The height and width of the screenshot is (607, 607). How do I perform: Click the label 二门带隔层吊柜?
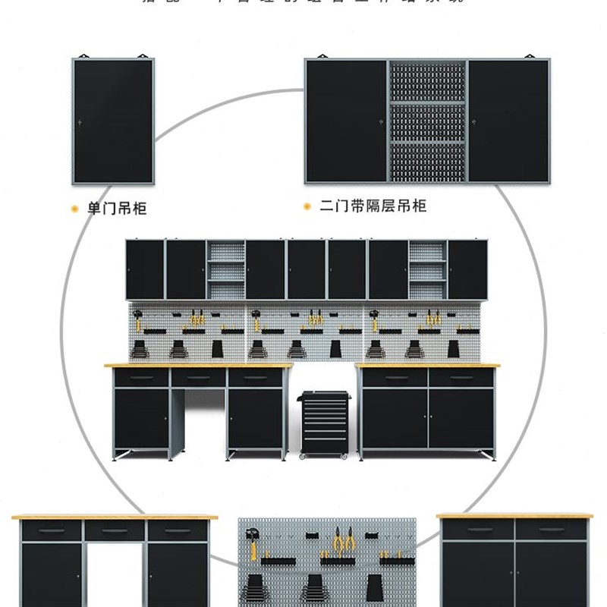coord(373,206)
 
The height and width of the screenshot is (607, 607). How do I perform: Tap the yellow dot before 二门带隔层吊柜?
coord(307,206)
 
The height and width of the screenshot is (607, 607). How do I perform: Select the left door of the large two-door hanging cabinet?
coord(346,121)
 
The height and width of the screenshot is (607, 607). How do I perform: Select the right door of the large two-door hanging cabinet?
coord(508,121)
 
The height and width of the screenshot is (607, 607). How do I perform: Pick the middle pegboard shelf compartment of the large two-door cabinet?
coord(426,122)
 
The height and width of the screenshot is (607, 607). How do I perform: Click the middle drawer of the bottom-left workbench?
coord(115,530)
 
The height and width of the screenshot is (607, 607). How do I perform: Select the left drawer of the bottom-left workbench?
coord(52,530)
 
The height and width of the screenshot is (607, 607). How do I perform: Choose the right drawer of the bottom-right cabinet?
coord(550,529)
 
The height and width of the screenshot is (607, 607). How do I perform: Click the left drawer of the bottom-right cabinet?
coord(479,529)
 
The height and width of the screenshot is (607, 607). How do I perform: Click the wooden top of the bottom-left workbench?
coord(115,517)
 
